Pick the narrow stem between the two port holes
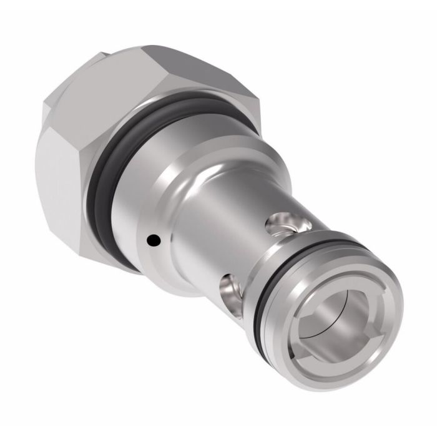250,250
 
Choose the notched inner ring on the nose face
318,350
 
